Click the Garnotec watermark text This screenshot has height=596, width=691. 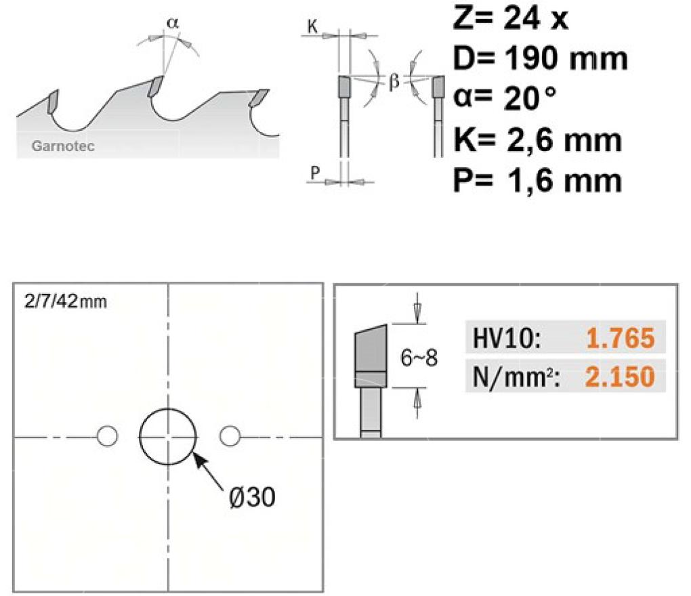[63, 146]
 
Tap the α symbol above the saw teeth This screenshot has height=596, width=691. [173, 23]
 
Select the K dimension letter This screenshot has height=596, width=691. [312, 27]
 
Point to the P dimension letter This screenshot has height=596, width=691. [315, 172]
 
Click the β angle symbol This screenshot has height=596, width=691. [394, 81]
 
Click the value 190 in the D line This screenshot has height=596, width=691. [533, 58]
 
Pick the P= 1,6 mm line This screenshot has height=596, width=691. [538, 181]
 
